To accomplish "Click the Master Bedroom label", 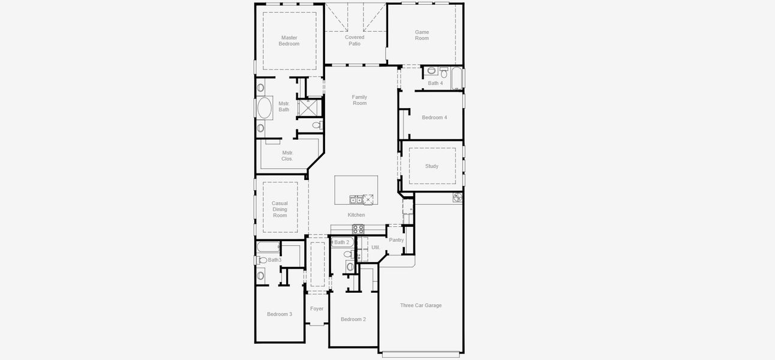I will (289, 41).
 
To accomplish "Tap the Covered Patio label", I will (355, 40).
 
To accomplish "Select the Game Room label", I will (422, 35).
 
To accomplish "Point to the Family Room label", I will (359, 100).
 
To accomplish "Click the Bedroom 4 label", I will (434, 118).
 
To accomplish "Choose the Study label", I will (432, 166).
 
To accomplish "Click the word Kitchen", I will (356, 215).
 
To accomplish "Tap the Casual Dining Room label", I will (280, 209).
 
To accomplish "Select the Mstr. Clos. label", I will (287, 156).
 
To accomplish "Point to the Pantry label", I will (396, 240).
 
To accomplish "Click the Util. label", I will (376, 247).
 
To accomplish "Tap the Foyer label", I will (317, 309).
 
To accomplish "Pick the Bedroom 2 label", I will (353, 319).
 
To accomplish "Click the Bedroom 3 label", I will (280, 314).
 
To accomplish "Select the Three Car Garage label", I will (420, 305).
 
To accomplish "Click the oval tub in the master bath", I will (265, 109).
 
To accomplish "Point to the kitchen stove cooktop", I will (358, 229).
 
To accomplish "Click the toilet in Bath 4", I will (432, 71).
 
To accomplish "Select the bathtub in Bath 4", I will (457, 78).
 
